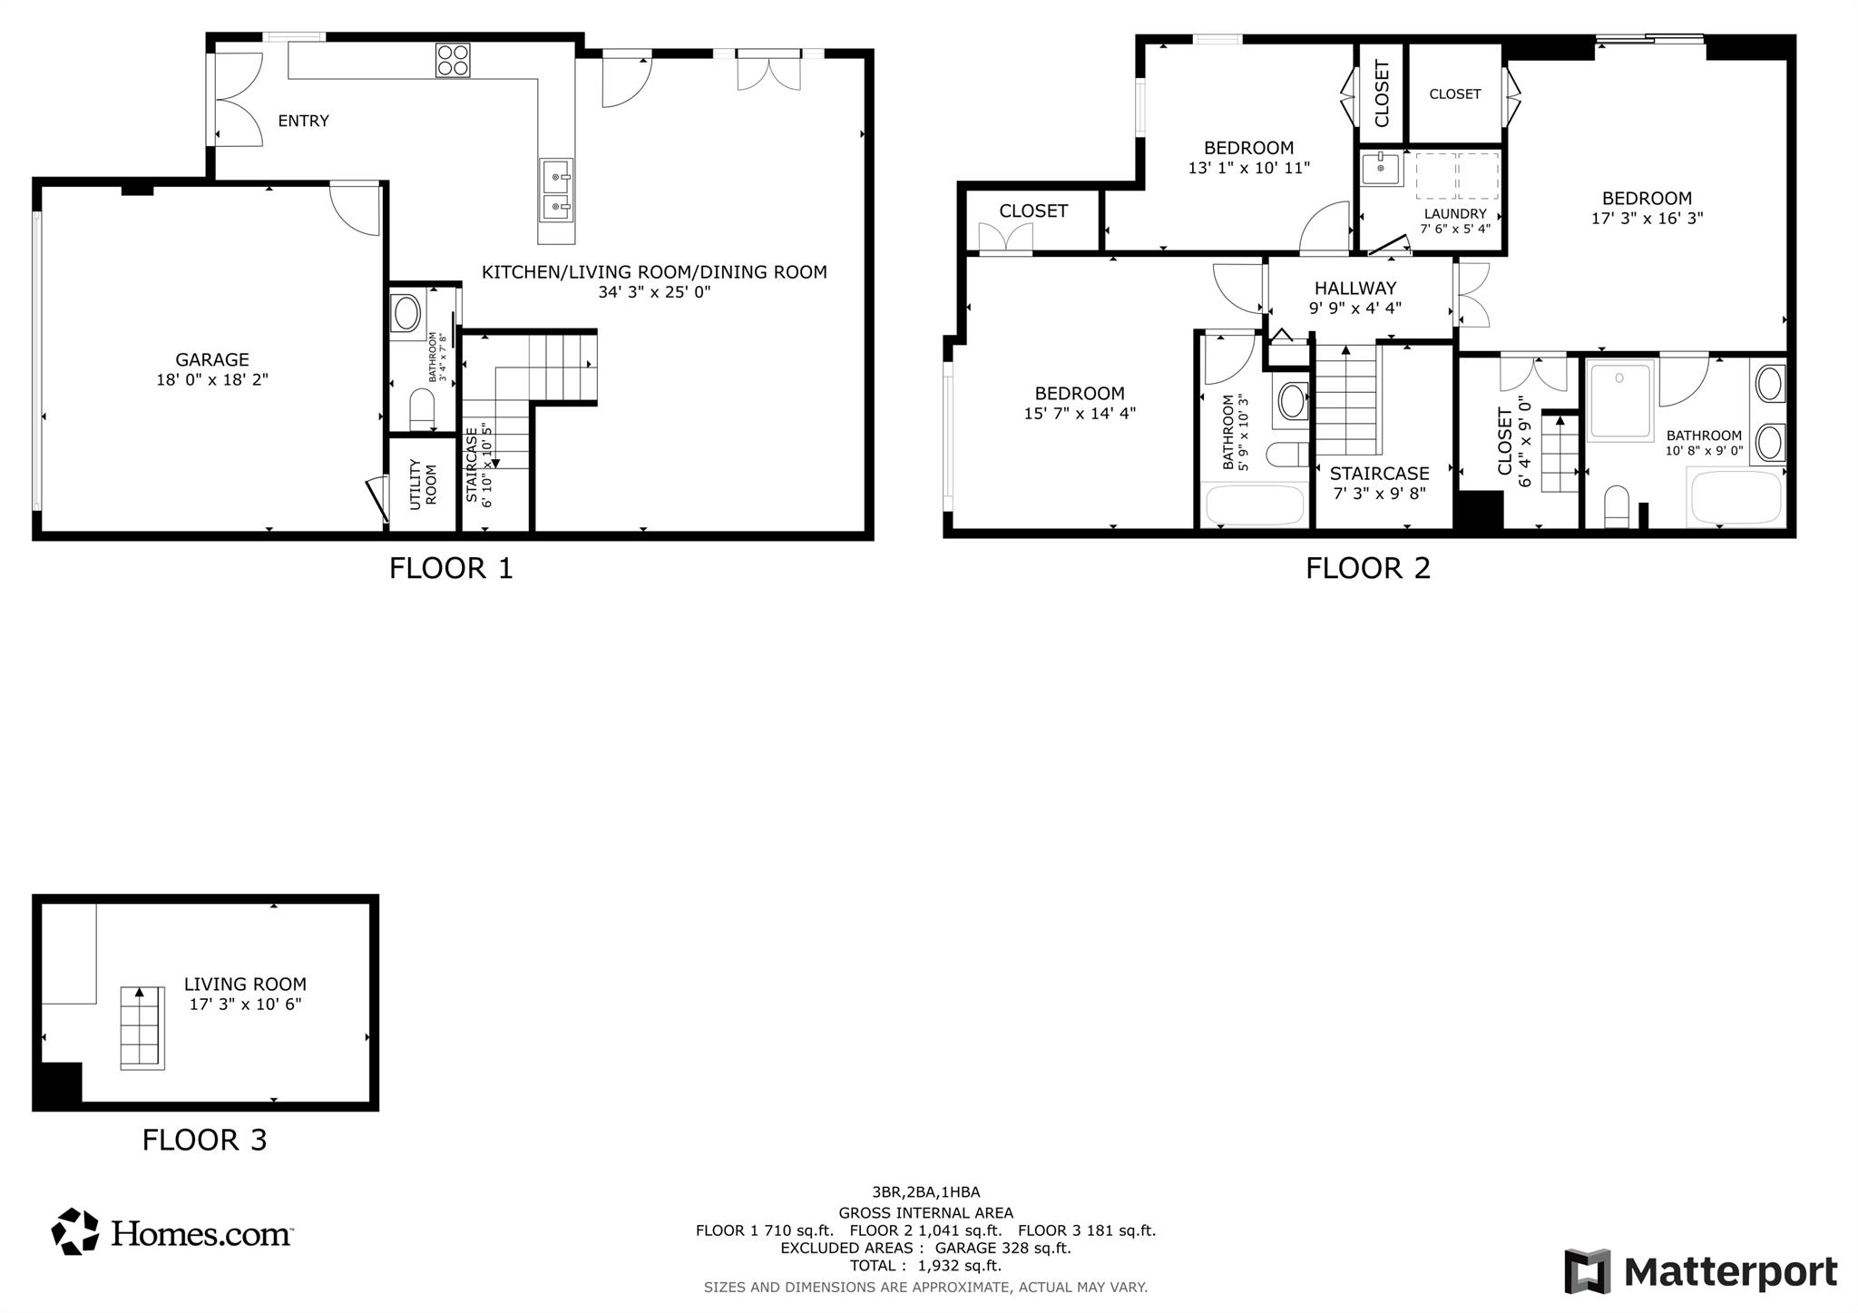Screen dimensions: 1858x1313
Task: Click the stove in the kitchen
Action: click(453, 61)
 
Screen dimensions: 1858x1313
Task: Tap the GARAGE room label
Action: click(212, 360)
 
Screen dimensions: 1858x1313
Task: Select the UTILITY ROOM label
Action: click(423, 485)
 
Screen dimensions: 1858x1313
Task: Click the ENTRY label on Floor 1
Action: click(303, 121)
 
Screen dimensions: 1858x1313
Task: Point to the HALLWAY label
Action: click(1355, 289)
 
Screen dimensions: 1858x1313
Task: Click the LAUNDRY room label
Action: click(1455, 214)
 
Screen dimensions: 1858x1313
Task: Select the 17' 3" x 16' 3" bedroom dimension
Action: click(1647, 219)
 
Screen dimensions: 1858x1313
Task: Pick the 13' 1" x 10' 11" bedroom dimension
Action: click(1249, 168)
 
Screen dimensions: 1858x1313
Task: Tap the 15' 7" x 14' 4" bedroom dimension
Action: click(1080, 414)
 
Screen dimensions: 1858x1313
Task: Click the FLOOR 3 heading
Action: click(204, 1140)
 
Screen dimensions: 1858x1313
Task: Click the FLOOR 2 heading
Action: click(1368, 568)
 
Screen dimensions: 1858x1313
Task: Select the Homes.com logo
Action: click(171, 1232)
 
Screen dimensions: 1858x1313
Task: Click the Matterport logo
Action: click(1701, 1271)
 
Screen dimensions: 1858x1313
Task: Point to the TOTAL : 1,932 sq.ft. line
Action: click(925, 1266)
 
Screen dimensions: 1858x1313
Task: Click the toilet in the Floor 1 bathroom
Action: click(423, 409)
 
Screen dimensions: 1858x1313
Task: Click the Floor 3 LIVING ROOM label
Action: click(245, 985)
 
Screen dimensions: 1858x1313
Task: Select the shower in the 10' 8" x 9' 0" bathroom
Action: click(1621, 400)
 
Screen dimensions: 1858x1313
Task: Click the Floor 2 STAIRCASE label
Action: click(1379, 474)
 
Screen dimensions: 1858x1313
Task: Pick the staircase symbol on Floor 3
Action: click(142, 1028)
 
